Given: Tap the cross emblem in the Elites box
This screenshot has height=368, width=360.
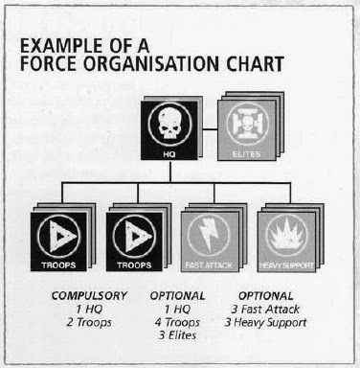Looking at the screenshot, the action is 246,125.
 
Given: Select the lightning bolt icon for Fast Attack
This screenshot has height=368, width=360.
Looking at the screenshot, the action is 209,235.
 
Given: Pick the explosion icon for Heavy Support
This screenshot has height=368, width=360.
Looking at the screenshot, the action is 286,235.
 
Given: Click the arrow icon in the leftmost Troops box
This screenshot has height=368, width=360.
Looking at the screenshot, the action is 59,237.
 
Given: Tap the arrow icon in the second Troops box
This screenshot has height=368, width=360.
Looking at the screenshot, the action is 135,237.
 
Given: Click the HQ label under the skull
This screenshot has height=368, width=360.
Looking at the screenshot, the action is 169,154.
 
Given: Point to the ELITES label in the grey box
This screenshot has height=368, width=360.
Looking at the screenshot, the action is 246,154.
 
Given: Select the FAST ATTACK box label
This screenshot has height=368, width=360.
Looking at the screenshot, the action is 209,265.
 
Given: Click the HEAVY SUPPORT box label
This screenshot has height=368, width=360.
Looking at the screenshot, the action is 286,265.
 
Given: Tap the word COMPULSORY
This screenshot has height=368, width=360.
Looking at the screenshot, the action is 89,296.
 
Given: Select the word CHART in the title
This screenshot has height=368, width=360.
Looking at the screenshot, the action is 256,64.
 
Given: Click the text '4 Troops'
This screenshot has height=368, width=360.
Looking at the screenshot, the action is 177,322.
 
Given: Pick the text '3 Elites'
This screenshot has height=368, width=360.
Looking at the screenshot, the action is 177,335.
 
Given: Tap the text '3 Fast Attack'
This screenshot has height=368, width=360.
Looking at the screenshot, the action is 265,310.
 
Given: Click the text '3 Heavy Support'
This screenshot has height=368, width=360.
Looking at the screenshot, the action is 265,323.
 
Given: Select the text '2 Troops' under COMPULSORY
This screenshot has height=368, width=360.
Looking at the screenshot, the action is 89,322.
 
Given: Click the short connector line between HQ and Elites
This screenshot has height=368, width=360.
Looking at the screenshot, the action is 208,130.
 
